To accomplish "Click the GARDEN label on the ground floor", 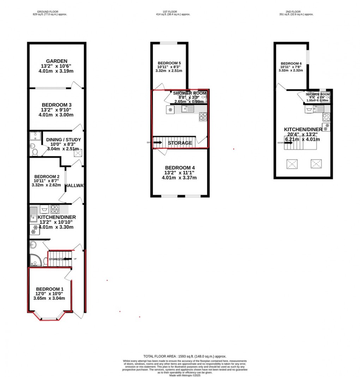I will pos(56,61).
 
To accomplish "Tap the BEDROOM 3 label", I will pos(56,105).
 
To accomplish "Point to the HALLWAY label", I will pos(75,186).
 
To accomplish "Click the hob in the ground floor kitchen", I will pos(55,209).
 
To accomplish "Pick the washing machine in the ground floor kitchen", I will pos(45,210).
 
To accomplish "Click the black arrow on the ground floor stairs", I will pos(71,259).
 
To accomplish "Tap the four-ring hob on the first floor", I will pos(203,116).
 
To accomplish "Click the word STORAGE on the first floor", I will pos(180,143).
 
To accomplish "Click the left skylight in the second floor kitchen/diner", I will pos(293,164).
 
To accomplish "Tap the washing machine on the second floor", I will pos(309,109).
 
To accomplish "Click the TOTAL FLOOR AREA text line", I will pos(185,357).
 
